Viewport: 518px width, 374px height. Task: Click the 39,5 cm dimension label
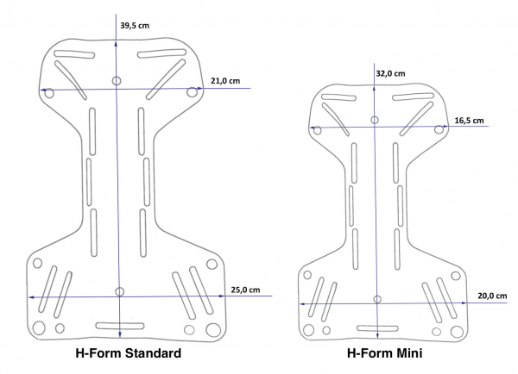[x=134, y=26]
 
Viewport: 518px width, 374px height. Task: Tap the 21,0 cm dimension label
[x=224, y=81]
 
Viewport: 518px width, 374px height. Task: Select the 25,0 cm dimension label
[x=246, y=290]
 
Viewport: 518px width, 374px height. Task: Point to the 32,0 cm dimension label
[x=390, y=73]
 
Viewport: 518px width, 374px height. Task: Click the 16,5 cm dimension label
[x=469, y=121]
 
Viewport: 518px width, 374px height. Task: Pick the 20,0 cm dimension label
[x=491, y=296]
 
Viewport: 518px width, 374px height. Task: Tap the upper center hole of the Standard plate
[x=117, y=81]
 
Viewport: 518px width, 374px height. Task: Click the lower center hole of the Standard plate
[x=119, y=291]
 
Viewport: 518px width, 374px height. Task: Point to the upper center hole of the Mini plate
[x=374, y=120]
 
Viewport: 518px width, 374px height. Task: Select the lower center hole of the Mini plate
[x=376, y=298]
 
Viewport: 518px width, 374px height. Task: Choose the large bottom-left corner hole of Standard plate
[x=38, y=328]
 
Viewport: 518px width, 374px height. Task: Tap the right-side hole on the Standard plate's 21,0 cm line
[x=193, y=92]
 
